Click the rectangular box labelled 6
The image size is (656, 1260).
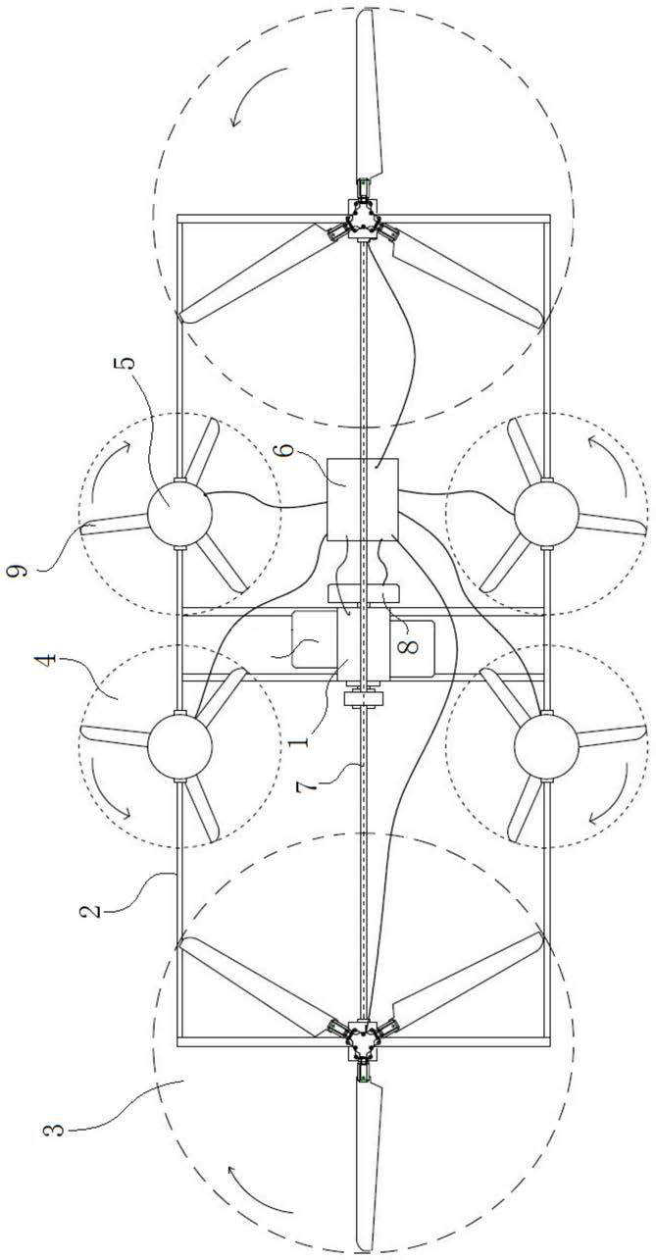point(360,499)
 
